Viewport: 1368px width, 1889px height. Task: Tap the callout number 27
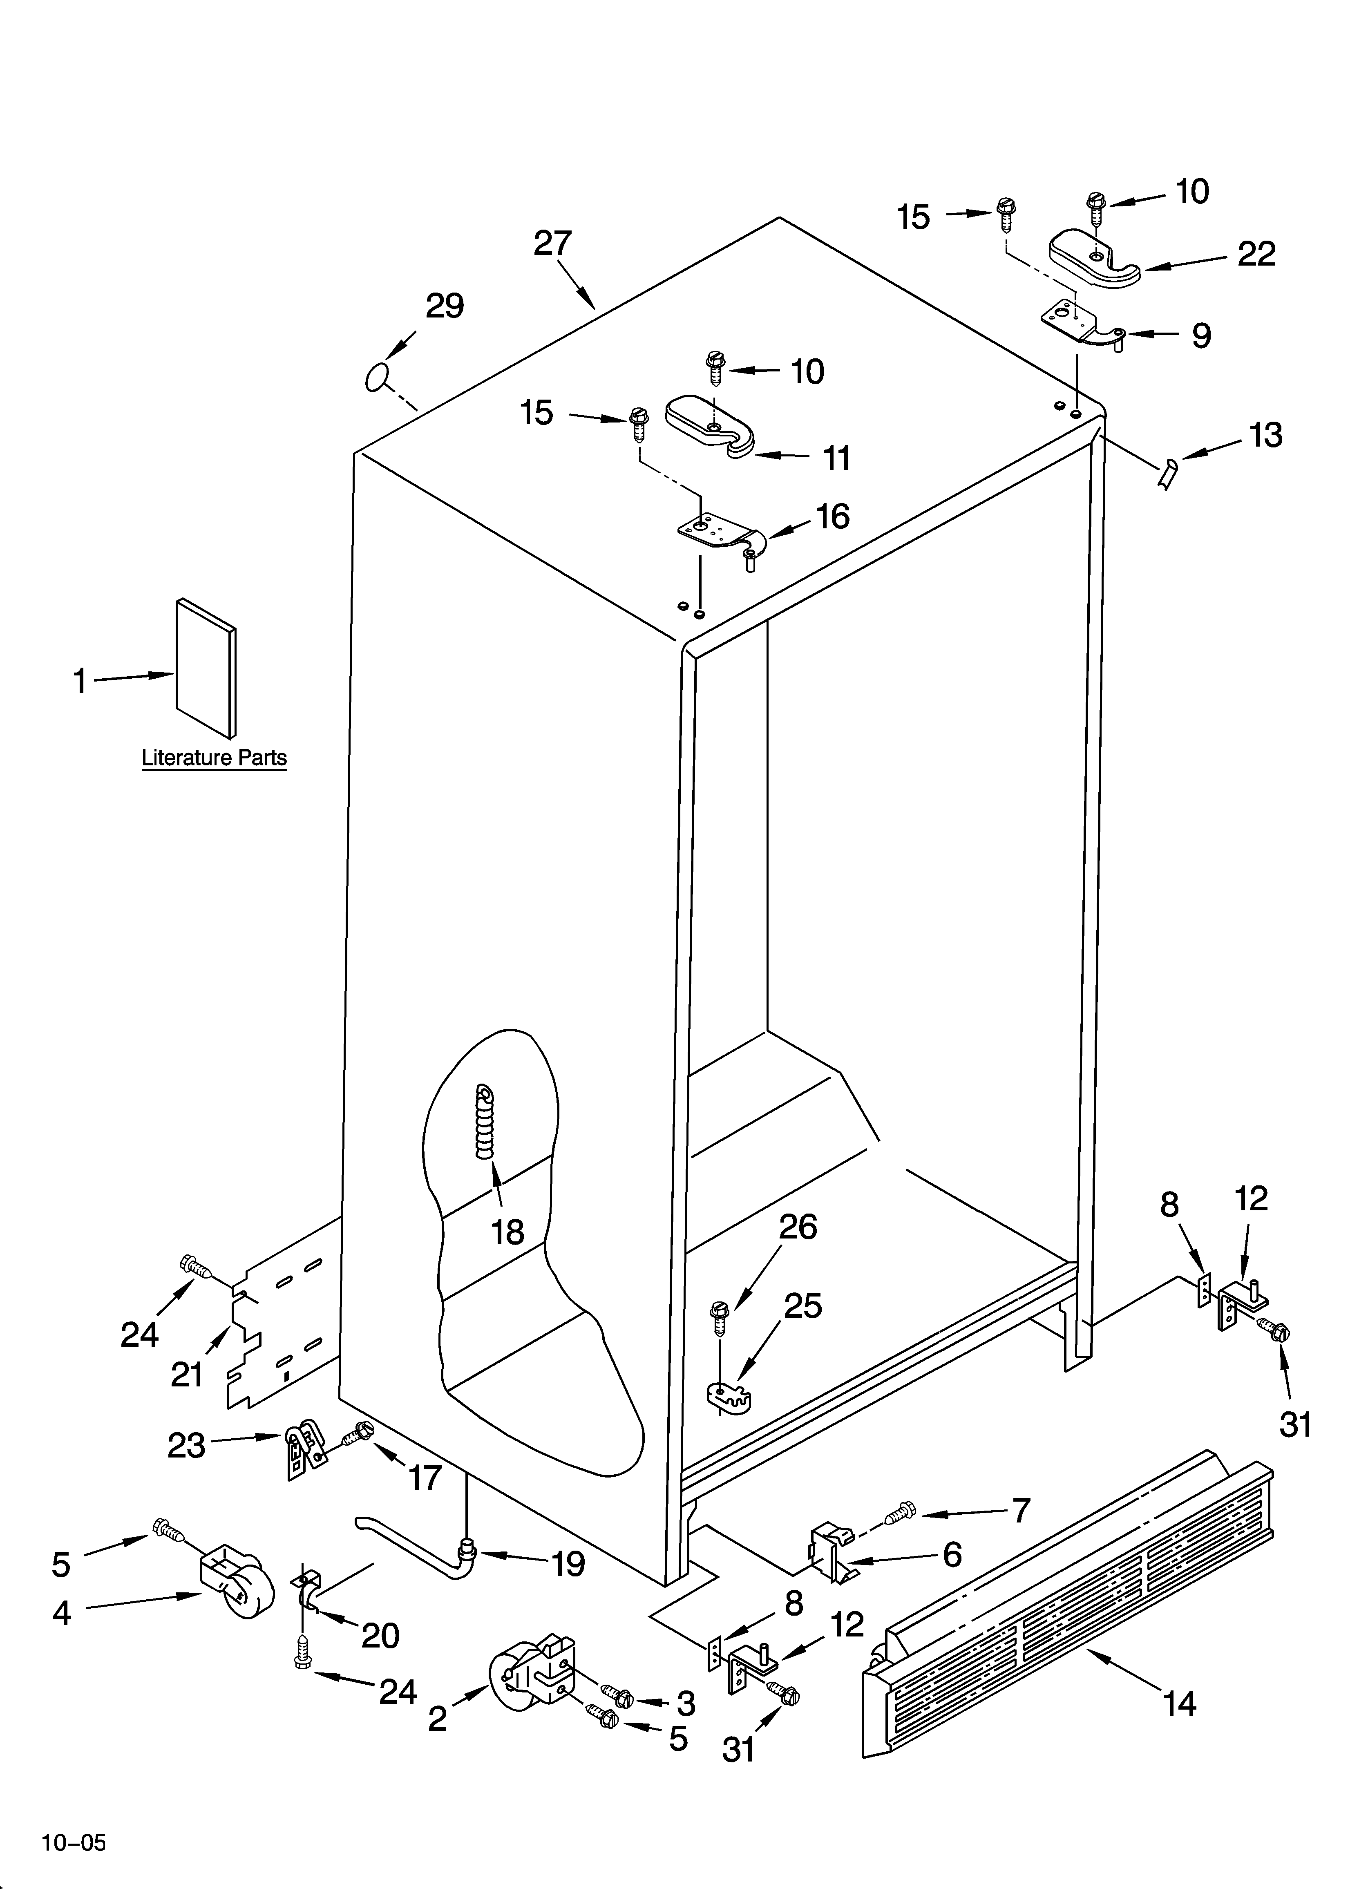tap(552, 243)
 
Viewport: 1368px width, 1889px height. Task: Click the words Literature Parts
tap(214, 758)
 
